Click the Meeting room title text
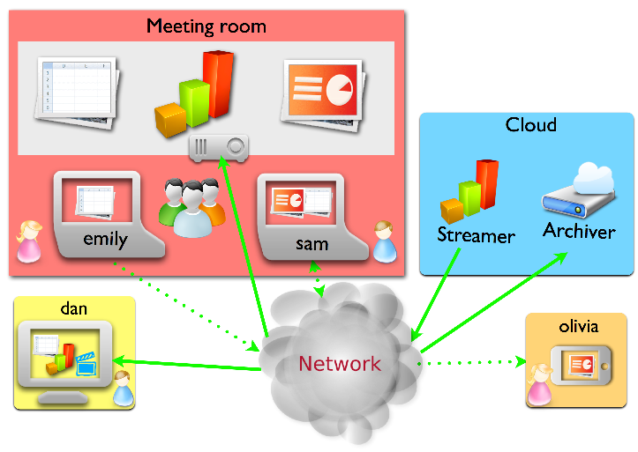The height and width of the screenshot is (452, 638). coord(206,26)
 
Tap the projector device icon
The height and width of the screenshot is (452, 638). coord(219,149)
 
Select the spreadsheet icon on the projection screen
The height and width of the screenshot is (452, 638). coord(78,93)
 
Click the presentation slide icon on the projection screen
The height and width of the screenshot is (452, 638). coord(323,96)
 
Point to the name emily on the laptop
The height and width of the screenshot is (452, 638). coord(105,239)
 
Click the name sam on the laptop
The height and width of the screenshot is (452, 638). coord(312,244)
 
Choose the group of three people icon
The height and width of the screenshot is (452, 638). coord(191,208)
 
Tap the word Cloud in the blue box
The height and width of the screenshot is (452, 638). coord(531,125)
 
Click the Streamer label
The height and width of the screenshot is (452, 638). coord(476,235)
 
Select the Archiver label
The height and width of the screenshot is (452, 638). coord(579,231)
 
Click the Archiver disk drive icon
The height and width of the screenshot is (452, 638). coord(579,190)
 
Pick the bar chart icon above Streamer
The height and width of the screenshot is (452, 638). coord(470,191)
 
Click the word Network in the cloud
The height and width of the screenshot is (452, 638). coord(340,364)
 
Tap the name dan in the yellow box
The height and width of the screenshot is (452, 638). coord(73,308)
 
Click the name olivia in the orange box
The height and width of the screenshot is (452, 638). coord(579,326)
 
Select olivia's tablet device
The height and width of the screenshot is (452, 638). coord(581,366)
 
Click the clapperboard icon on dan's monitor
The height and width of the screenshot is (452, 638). coord(86,364)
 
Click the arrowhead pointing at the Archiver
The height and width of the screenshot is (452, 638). coord(560,257)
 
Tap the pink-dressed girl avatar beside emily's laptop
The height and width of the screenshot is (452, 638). coord(29,241)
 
